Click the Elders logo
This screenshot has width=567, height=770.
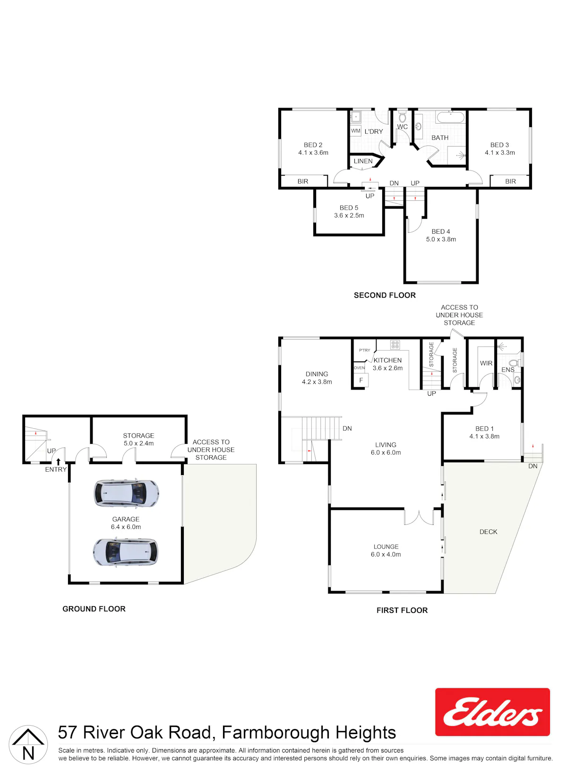click(492, 711)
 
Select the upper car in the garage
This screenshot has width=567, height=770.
click(127, 493)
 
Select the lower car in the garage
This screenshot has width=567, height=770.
click(126, 552)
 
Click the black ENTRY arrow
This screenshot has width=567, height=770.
click(58, 462)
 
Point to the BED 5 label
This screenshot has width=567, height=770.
click(349, 208)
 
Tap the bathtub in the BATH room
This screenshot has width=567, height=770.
click(451, 117)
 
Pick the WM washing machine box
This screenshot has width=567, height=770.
click(356, 131)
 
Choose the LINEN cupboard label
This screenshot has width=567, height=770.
click(363, 161)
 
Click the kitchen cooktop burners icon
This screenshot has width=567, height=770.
click(395, 345)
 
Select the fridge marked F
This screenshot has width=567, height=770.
click(361, 380)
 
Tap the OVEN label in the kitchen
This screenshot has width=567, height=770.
click(359, 368)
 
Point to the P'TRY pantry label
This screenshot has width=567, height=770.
click(365, 350)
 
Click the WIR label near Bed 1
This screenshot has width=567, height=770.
click(486, 364)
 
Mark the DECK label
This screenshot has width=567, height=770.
click(488, 532)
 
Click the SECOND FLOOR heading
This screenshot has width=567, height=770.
click(385, 295)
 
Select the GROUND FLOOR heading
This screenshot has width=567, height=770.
click(94, 609)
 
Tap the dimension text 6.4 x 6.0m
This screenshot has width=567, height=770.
click(126, 527)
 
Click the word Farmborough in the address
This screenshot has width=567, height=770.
click(276, 733)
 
